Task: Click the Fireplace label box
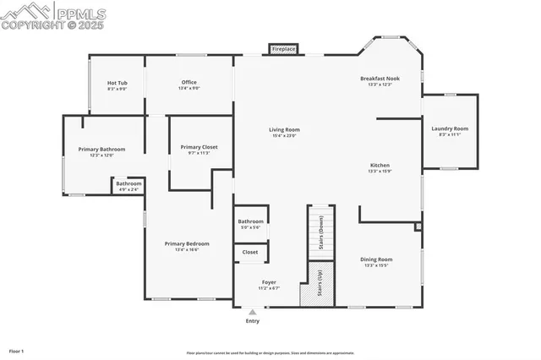tap(283, 50)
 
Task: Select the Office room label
tap(189, 85)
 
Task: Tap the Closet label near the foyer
tap(250, 252)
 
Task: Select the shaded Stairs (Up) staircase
tap(320, 282)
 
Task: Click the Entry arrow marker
tap(252, 312)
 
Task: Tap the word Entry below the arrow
tap(252, 321)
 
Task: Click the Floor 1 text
tap(16, 350)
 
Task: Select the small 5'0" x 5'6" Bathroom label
tap(250, 224)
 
